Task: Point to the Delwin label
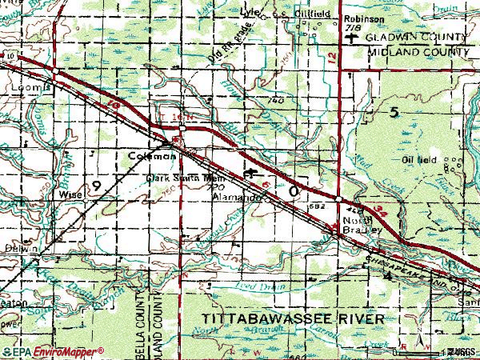pos(24,250)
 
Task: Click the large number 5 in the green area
pos(393,114)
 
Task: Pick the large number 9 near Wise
pos(96,186)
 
